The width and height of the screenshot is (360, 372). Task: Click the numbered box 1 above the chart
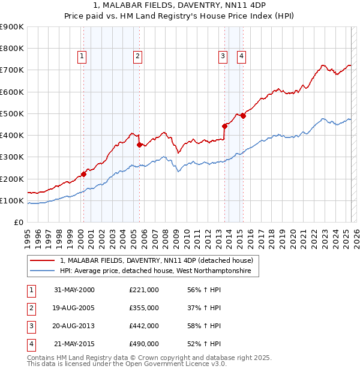82,56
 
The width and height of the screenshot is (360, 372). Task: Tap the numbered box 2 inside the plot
137,56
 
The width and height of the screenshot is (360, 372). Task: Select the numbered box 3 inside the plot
223,56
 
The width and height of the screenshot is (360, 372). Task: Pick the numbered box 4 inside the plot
241,56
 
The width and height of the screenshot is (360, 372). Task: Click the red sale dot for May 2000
84,174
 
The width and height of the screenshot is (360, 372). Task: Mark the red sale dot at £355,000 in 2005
139,145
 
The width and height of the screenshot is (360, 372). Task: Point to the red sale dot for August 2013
224,126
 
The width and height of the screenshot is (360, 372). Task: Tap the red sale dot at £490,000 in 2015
243,116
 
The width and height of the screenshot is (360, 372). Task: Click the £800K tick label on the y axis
12,49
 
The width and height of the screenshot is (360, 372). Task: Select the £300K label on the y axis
12,157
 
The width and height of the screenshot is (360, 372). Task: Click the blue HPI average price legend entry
159,271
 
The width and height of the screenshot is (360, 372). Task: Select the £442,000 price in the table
144,326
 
